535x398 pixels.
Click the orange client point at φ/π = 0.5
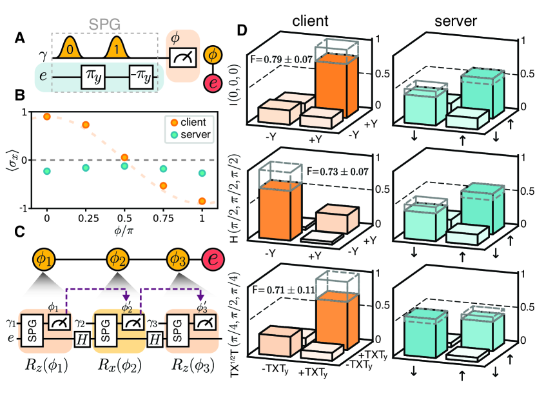click(124, 157)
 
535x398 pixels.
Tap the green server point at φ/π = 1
click(203, 173)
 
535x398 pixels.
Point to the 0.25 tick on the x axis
click(85, 219)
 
